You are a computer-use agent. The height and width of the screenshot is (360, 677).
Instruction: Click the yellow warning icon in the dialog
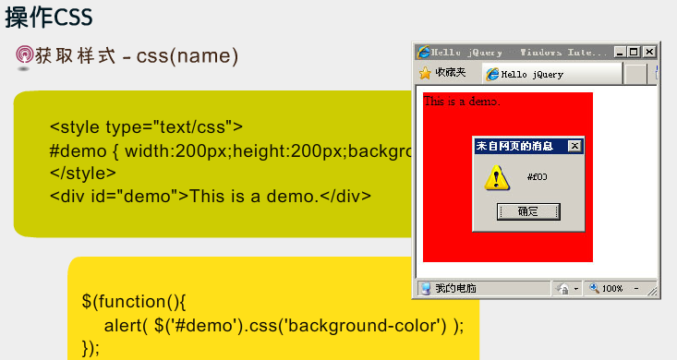coord(497,176)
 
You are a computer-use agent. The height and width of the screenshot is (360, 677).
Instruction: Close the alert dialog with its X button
coord(574,146)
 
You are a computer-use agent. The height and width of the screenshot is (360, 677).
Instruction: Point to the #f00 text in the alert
coord(537,176)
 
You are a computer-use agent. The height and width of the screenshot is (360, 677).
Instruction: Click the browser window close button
coord(649,53)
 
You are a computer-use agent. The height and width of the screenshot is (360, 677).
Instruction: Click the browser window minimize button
coord(620,53)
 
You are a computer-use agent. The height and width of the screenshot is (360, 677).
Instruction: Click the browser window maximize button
coord(635,53)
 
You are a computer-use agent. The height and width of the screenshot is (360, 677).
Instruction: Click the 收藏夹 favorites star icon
coord(425,73)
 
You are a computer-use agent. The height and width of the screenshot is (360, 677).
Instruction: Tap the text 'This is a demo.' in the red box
coord(461,101)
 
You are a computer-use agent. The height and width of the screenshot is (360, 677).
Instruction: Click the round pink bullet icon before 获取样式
coord(24,56)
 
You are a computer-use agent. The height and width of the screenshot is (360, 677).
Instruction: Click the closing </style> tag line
coord(83,173)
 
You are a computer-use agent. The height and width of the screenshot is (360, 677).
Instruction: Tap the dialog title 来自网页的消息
coord(515,146)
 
